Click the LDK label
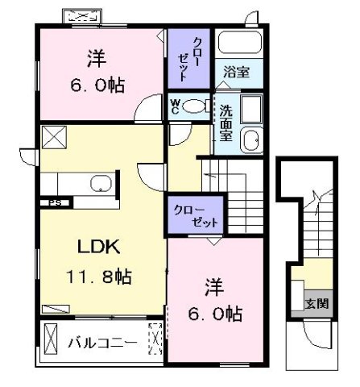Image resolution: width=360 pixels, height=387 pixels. pos(98,247)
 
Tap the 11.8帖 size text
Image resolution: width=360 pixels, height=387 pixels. pos(99,277)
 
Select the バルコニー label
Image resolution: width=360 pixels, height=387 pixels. pos(102,343)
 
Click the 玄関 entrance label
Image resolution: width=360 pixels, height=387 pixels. pos(317,304)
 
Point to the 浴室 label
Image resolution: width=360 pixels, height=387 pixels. pos(237,72)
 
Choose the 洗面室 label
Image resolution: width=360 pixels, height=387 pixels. pos(226,123)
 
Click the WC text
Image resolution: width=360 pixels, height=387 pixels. pos(175,106)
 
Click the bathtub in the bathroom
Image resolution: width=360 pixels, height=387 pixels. pos(240,42)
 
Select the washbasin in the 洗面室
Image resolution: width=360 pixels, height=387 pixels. pos(251,140)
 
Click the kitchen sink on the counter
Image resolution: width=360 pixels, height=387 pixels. pos(101,183)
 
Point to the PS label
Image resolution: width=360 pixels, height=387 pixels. pos(55,202)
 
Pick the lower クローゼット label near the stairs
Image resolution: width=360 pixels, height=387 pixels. pos(196,216)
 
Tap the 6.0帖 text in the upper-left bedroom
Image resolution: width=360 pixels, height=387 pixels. pos(97,85)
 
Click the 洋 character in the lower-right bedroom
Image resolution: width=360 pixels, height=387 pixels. pos(214,287)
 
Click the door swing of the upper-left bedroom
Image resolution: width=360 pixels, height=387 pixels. pos(148,107)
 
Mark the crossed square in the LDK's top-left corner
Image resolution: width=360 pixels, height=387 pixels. pos(54,137)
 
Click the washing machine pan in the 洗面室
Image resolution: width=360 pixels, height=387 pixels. pos(251,109)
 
